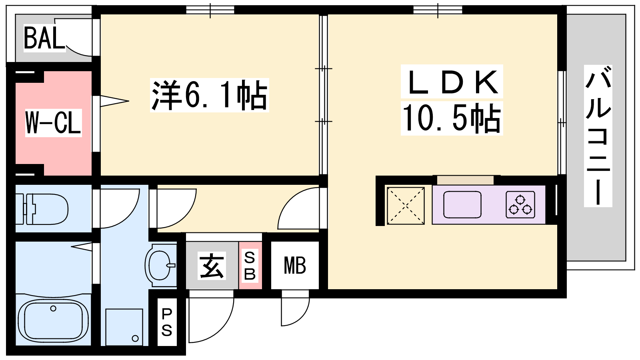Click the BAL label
pos(44,38)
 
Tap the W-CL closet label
pos(53,123)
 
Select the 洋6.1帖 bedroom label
pos(209,95)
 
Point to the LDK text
pos(452,82)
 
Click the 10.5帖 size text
pos(452,118)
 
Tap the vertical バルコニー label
pos(598,136)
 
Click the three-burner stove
pos(520,204)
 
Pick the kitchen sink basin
pos(462,204)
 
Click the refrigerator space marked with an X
pos(406,205)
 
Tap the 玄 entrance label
pos(212,266)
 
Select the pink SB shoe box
pos(250,266)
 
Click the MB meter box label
pos(295,266)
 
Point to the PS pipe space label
pos(167,322)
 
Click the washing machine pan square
pos(124,327)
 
